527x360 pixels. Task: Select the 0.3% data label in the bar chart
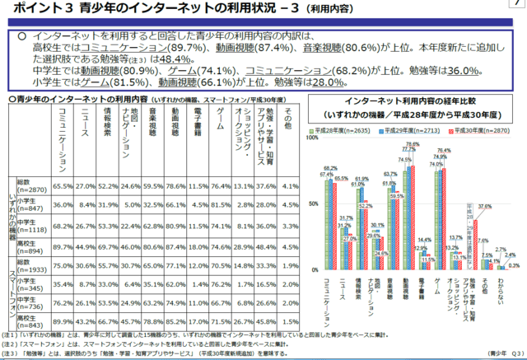pos(514,265)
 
